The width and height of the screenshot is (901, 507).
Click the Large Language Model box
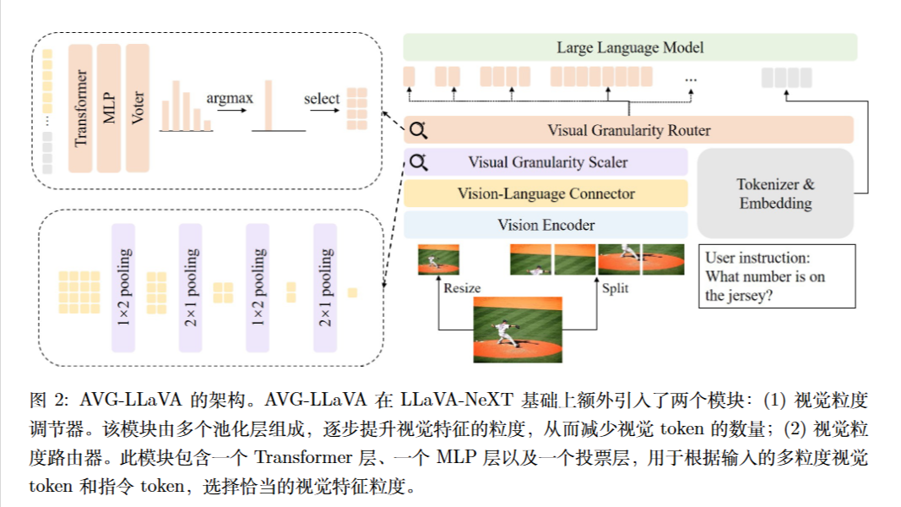pyautogui.click(x=630, y=47)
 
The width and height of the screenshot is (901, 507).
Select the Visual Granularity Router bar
pyautogui.click(x=629, y=130)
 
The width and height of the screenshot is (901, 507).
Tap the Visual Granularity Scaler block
pyautogui.click(x=547, y=162)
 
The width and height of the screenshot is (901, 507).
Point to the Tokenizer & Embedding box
pyautogui.click(x=775, y=194)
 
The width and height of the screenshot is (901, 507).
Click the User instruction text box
pyautogui.click(x=777, y=276)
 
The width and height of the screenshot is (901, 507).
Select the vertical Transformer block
pyautogui.click(x=80, y=108)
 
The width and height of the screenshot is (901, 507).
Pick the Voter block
pyautogui.click(x=138, y=108)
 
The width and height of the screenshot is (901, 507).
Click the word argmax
pyautogui.click(x=229, y=99)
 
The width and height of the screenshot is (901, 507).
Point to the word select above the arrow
pyautogui.click(x=322, y=99)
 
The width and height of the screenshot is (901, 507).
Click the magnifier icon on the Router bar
pyautogui.click(x=419, y=130)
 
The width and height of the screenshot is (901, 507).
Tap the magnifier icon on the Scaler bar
pyautogui.click(x=419, y=162)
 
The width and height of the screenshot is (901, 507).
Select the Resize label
pyautogui.click(x=462, y=288)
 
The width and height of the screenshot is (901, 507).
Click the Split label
pyautogui.click(x=615, y=288)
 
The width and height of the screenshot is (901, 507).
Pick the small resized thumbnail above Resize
pyautogui.click(x=438, y=259)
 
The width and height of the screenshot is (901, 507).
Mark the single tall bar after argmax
pyautogui.click(x=268, y=106)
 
